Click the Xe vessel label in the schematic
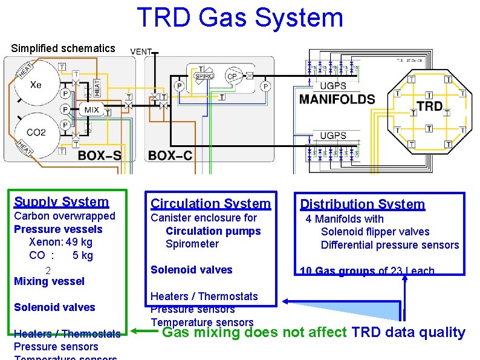coord(36,85)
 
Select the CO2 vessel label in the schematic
coord(36,132)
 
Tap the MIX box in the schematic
coord(92,110)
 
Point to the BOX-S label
coord(99,155)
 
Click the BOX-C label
coord(170,155)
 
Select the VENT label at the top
coord(141,52)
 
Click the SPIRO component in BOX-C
coord(204,76)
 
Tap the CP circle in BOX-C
coord(232,76)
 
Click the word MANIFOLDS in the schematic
coord(337,99)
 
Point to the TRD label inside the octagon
coord(429,107)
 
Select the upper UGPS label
coord(333,86)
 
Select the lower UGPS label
coord(333,136)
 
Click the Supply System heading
coord(62,202)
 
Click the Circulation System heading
coord(210,204)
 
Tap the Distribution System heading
coord(363,205)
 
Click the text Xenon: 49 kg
coord(60,242)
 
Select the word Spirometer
coord(192,244)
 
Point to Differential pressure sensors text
coord(390,245)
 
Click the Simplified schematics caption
coord(63,48)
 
